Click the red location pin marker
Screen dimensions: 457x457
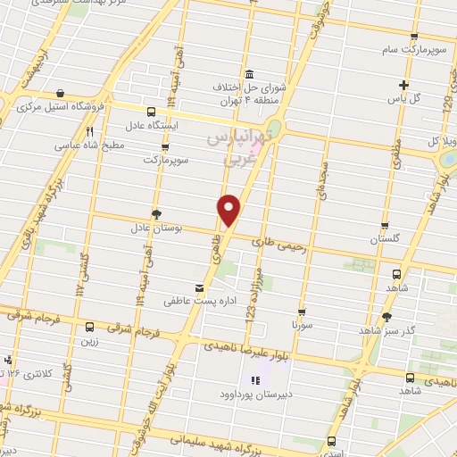(229, 210)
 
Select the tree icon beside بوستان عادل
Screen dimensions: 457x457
(157, 214)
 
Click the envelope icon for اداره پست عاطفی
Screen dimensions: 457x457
(200, 287)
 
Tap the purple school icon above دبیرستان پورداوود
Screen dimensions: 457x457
(246, 379)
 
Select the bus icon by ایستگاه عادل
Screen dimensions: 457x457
(150, 112)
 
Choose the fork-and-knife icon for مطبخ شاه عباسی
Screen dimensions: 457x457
(89, 129)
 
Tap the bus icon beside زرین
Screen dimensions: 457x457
(89, 327)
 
